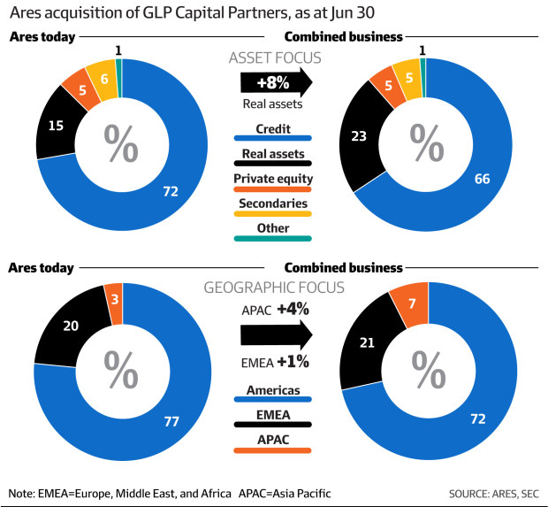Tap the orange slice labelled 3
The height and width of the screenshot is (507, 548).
tap(112, 295)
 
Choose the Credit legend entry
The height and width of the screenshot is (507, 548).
tap(273, 129)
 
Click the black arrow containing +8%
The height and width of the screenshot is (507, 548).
tap(275, 82)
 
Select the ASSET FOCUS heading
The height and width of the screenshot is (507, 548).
tap(274, 58)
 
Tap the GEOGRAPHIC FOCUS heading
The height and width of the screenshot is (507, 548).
tap(274, 288)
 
